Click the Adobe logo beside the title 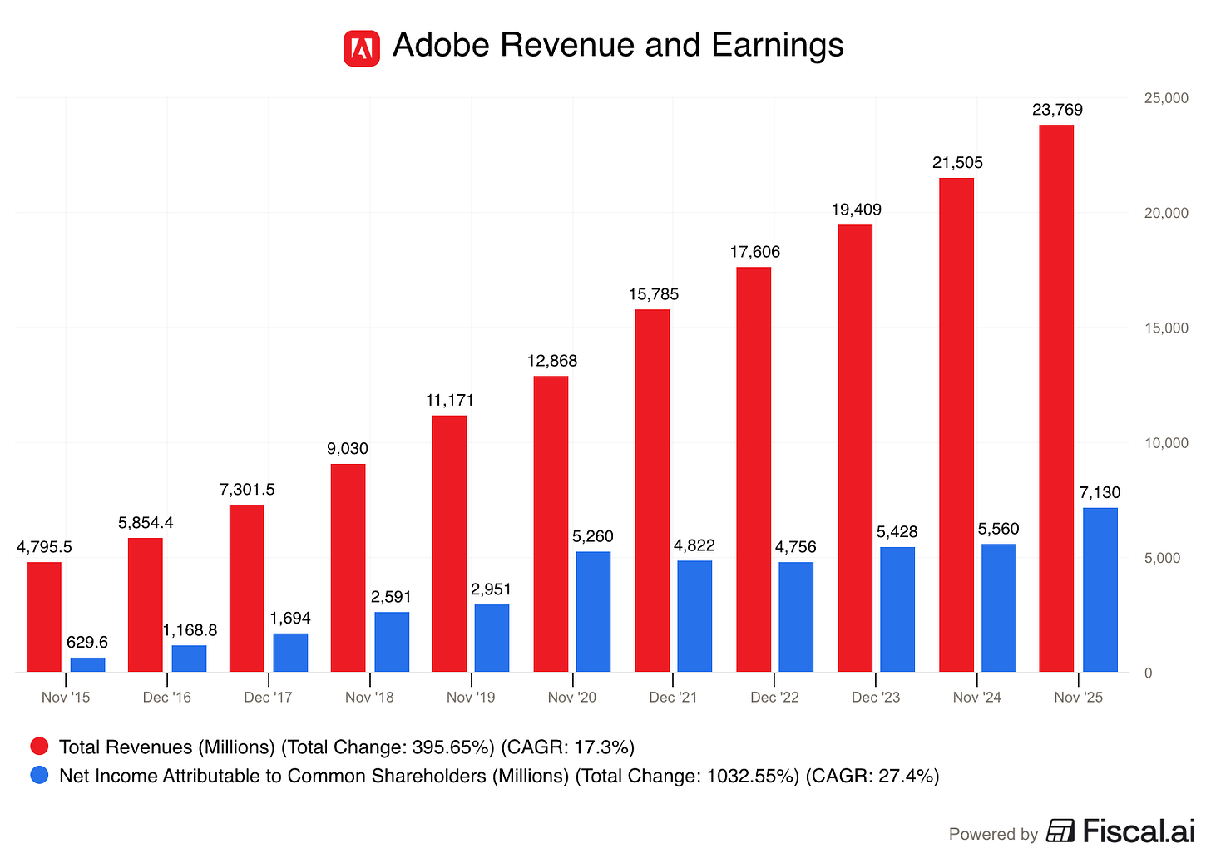(x=362, y=48)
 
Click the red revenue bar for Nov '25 (x=1056, y=399)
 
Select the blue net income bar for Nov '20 (x=593, y=612)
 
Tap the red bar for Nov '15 (x=44, y=617)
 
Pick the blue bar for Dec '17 (x=290, y=653)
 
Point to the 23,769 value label (x=1057, y=110)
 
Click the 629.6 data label (x=87, y=643)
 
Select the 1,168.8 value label (x=190, y=630)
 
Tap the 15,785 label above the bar (x=653, y=294)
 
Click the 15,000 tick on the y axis (x=1166, y=328)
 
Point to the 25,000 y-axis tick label (x=1166, y=98)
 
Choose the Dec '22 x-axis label (x=774, y=698)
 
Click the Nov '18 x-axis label (x=369, y=698)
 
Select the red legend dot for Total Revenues (x=39, y=747)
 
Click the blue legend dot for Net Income (x=39, y=775)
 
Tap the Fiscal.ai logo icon (x=1060, y=831)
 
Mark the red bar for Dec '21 (x=652, y=491)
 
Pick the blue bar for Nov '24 (x=998, y=608)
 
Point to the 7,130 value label (x=1100, y=493)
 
